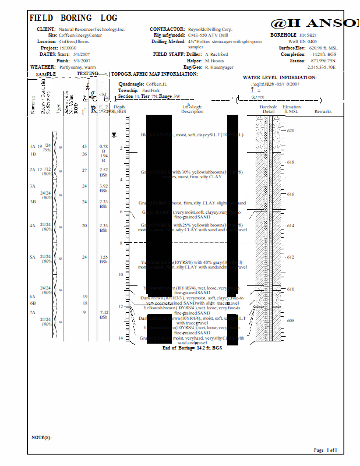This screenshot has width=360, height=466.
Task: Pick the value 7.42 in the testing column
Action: tap(104, 312)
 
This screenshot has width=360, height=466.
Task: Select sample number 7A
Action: tap(33, 312)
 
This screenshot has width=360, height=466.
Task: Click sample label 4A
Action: tap(33, 225)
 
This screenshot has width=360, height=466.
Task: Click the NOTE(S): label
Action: tap(41, 437)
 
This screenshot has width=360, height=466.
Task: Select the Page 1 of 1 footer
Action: tap(325, 450)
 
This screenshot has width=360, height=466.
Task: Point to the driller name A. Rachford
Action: tap(216, 54)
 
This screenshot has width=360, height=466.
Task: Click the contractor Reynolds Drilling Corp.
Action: tap(210, 29)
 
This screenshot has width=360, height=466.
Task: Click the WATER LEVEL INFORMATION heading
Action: tap(279, 77)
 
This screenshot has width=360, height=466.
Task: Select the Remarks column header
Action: tap(322, 111)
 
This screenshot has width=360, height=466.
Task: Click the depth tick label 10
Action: tap(121, 274)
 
